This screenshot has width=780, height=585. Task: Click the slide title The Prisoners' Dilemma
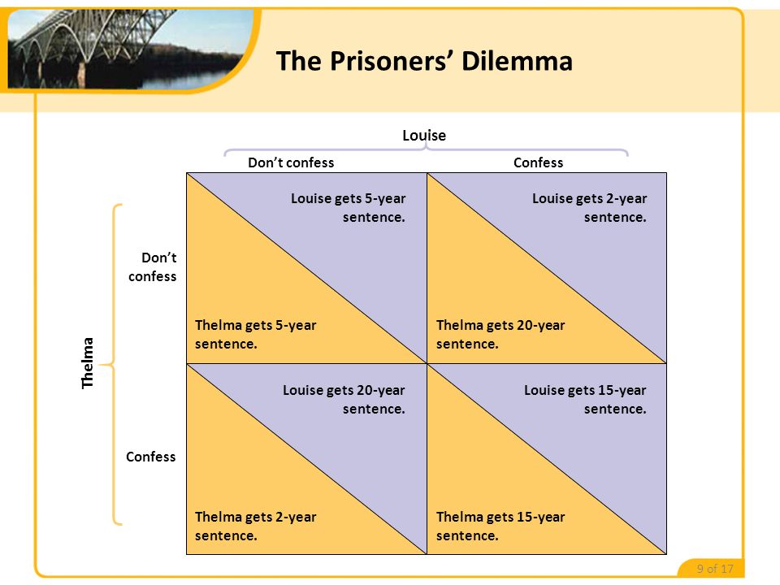point(424,61)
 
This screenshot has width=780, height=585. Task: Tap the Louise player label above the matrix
point(424,135)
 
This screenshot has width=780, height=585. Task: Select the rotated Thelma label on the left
point(89,362)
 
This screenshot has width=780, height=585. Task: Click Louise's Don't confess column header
point(291,162)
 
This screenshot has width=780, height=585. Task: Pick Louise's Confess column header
point(538,162)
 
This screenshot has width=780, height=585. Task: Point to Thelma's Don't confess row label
point(152,266)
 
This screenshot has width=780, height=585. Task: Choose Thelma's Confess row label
point(151,457)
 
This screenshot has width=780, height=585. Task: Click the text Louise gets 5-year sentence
point(349,208)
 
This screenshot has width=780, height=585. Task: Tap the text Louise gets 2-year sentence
point(590,208)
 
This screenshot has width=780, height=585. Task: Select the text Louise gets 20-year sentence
point(344,400)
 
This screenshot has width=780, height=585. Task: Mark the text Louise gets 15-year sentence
point(586,400)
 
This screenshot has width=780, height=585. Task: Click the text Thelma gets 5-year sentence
point(255,334)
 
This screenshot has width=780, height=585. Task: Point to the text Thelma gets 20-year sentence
point(500,334)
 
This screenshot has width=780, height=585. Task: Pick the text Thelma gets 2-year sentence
point(255,526)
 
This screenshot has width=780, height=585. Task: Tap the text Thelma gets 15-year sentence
point(500,526)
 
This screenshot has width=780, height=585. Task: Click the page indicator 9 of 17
point(715,569)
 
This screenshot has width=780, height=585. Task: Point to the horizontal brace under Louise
point(426,150)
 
